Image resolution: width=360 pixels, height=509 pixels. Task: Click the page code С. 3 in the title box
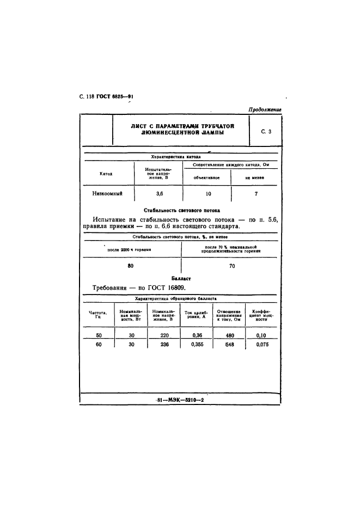[x=266, y=131]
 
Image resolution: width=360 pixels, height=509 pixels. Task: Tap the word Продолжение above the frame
[x=265, y=109]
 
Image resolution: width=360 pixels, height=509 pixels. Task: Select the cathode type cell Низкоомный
[x=107, y=193]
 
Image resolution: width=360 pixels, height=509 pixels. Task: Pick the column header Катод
[x=106, y=174]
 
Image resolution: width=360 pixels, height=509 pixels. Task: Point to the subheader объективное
[x=207, y=177]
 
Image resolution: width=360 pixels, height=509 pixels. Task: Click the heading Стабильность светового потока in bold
[x=181, y=210]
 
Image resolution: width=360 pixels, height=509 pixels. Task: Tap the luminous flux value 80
[x=130, y=266]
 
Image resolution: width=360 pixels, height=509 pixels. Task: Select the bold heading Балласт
[x=181, y=278]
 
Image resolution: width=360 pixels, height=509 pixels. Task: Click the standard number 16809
[x=181, y=289]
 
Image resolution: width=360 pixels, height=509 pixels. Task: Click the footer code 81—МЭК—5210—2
[x=180, y=400]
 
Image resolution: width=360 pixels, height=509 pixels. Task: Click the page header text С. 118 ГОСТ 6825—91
[x=103, y=97]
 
